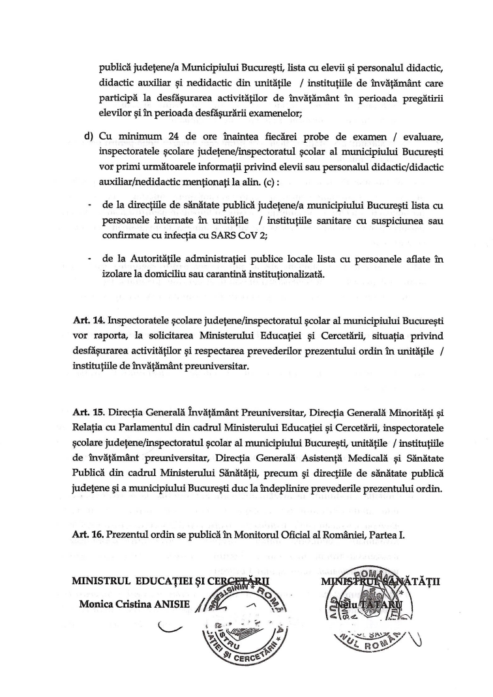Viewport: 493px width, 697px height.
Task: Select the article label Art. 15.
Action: pos(88,413)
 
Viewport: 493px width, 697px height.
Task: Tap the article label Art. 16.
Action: pos(88,535)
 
